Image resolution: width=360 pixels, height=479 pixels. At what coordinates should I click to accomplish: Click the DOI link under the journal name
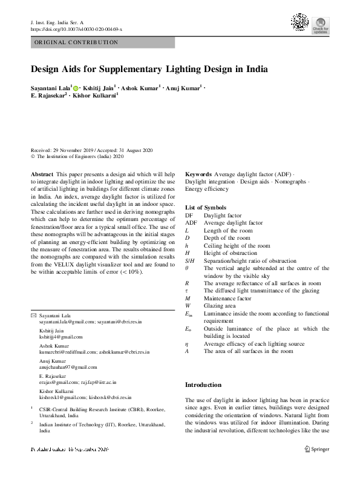coord(76,28)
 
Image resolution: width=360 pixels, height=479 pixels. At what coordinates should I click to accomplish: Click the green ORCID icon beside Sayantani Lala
coord(76,88)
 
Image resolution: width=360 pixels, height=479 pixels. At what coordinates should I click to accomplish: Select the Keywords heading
coord(198,174)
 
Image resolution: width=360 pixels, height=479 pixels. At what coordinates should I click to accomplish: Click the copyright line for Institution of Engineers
coord(77,156)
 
